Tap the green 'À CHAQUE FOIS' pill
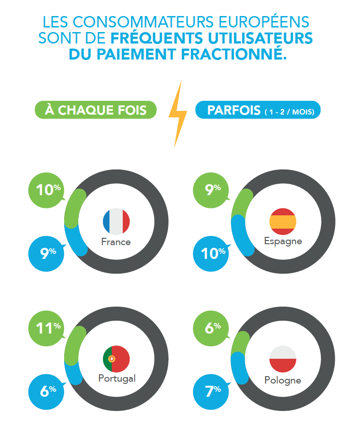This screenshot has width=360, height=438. click(x=96, y=110)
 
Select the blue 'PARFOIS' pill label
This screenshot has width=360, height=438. click(x=258, y=110)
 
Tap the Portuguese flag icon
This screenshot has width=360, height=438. click(x=116, y=359)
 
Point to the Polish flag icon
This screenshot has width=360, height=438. click(x=283, y=359)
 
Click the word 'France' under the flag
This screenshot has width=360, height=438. click(x=116, y=242)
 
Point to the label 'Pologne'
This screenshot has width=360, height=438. click(x=283, y=380)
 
